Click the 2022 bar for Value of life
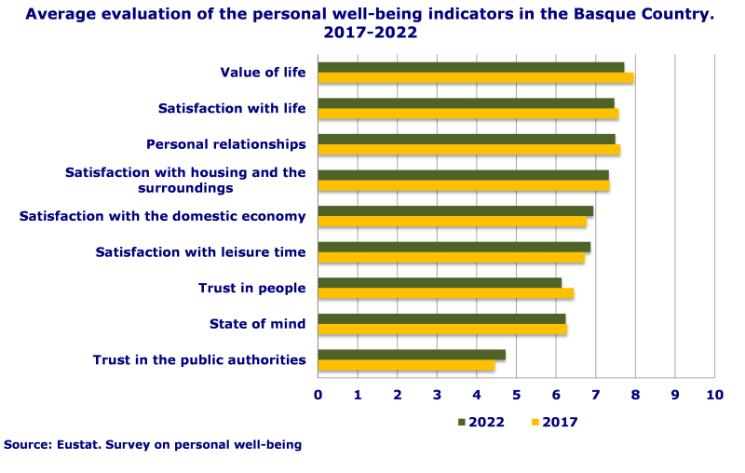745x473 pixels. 471,67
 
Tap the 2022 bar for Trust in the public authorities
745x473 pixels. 412,355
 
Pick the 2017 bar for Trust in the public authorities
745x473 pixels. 406,366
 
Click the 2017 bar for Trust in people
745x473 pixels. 445,293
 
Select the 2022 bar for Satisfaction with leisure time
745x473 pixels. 454,247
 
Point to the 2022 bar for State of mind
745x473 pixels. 441,318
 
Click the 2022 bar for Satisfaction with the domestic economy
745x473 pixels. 455,211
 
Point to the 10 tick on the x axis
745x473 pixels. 714,395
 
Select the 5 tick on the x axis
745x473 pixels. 517,395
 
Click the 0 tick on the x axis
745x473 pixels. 318,395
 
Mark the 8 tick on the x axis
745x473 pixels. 635,395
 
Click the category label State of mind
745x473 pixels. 257,324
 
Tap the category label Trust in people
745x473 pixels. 251,289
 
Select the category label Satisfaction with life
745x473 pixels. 232,109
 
